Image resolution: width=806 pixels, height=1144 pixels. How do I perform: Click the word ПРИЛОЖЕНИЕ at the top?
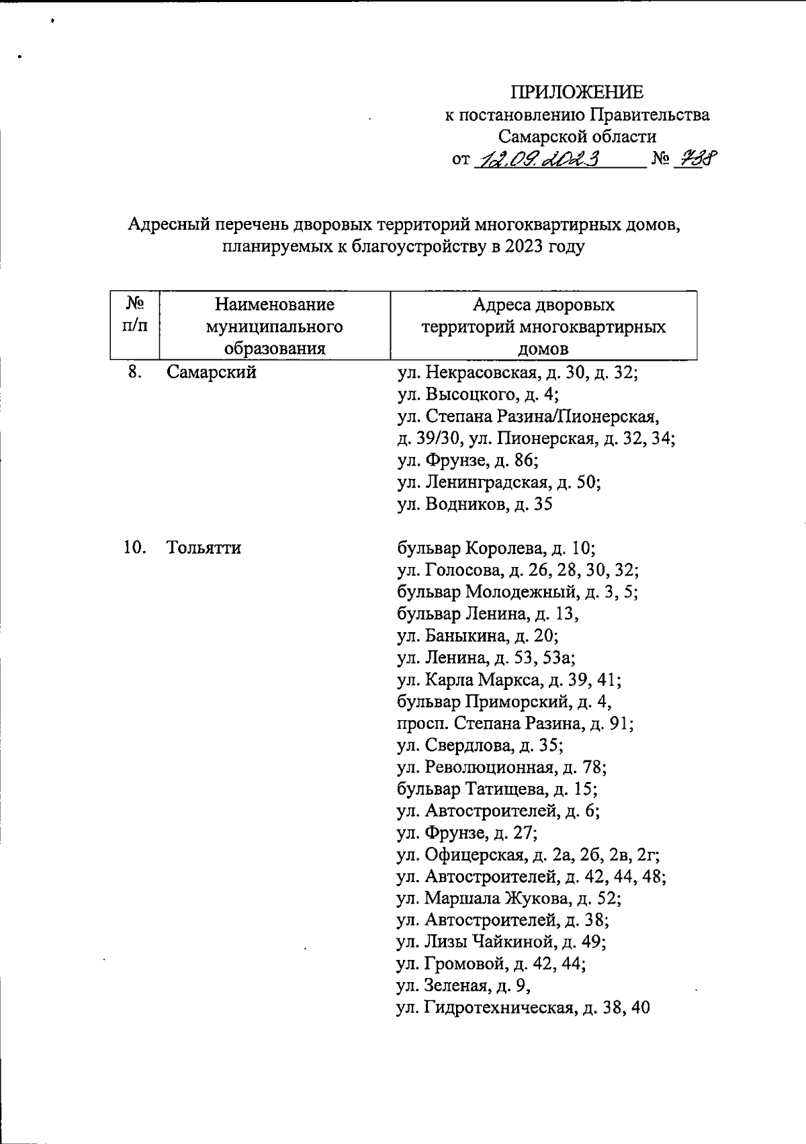coord(577,92)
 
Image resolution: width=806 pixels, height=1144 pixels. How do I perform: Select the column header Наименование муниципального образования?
coord(275,326)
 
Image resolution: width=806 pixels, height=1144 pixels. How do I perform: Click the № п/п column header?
coord(134,315)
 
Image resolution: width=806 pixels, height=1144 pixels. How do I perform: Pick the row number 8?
coord(134,371)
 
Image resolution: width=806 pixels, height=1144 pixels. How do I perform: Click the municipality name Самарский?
coord(212,371)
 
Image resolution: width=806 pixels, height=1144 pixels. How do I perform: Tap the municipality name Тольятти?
coord(204,548)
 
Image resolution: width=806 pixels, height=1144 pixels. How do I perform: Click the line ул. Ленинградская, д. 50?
coord(499,482)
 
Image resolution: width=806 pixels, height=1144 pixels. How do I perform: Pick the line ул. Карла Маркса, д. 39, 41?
coord(509,680)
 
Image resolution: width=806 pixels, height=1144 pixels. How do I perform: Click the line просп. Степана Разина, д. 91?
coord(515,723)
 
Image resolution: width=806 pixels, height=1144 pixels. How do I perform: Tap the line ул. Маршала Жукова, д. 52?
coord(509,899)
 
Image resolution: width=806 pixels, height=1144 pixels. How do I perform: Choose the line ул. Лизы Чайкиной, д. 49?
coord(502,942)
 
